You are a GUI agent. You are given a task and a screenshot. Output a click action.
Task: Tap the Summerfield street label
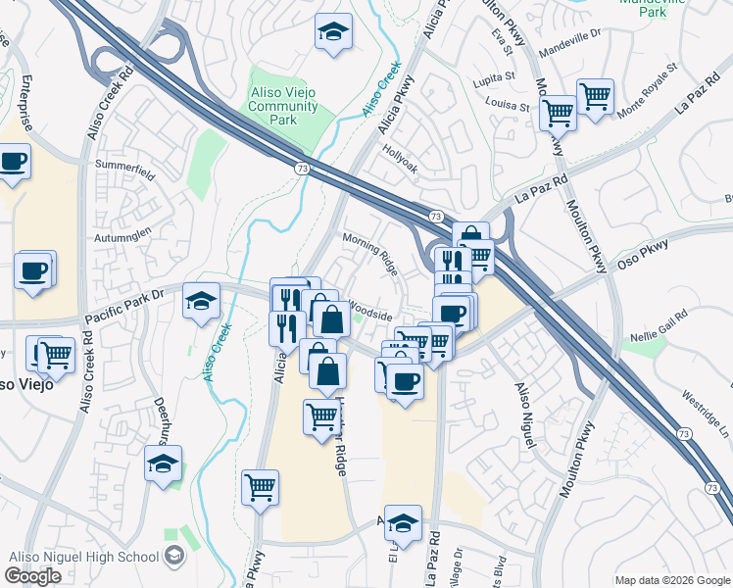click(126, 168)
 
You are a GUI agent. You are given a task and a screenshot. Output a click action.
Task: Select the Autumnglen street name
click(123, 236)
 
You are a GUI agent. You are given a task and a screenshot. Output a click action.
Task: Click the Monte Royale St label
click(647, 93)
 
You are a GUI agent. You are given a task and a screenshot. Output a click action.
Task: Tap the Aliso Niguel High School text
click(83, 557)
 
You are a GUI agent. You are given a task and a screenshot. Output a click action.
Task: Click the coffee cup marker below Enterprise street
click(14, 162)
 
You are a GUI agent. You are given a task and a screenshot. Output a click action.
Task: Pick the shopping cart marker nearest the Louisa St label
click(558, 113)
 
